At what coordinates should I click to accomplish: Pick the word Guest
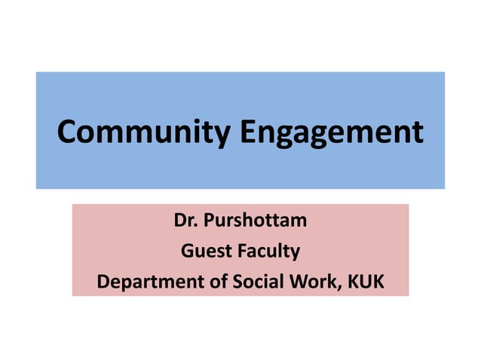point(205,252)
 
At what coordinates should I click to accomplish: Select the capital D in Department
point(103,282)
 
